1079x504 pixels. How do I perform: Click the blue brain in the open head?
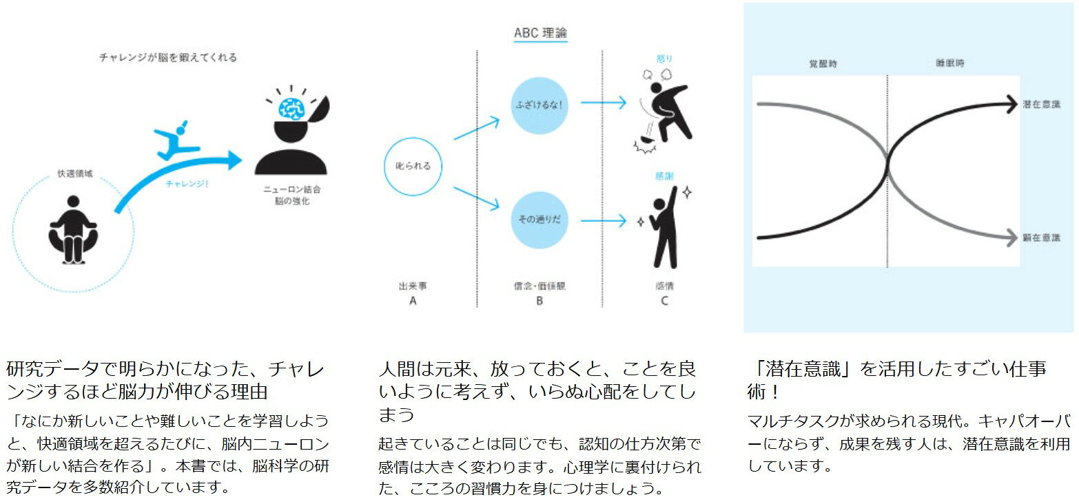[x=290, y=107]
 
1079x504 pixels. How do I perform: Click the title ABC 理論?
[x=541, y=33]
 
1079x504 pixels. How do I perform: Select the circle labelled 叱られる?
[x=412, y=166]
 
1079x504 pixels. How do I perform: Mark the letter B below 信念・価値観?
[x=539, y=301]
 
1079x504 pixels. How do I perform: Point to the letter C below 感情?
[x=664, y=301]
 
